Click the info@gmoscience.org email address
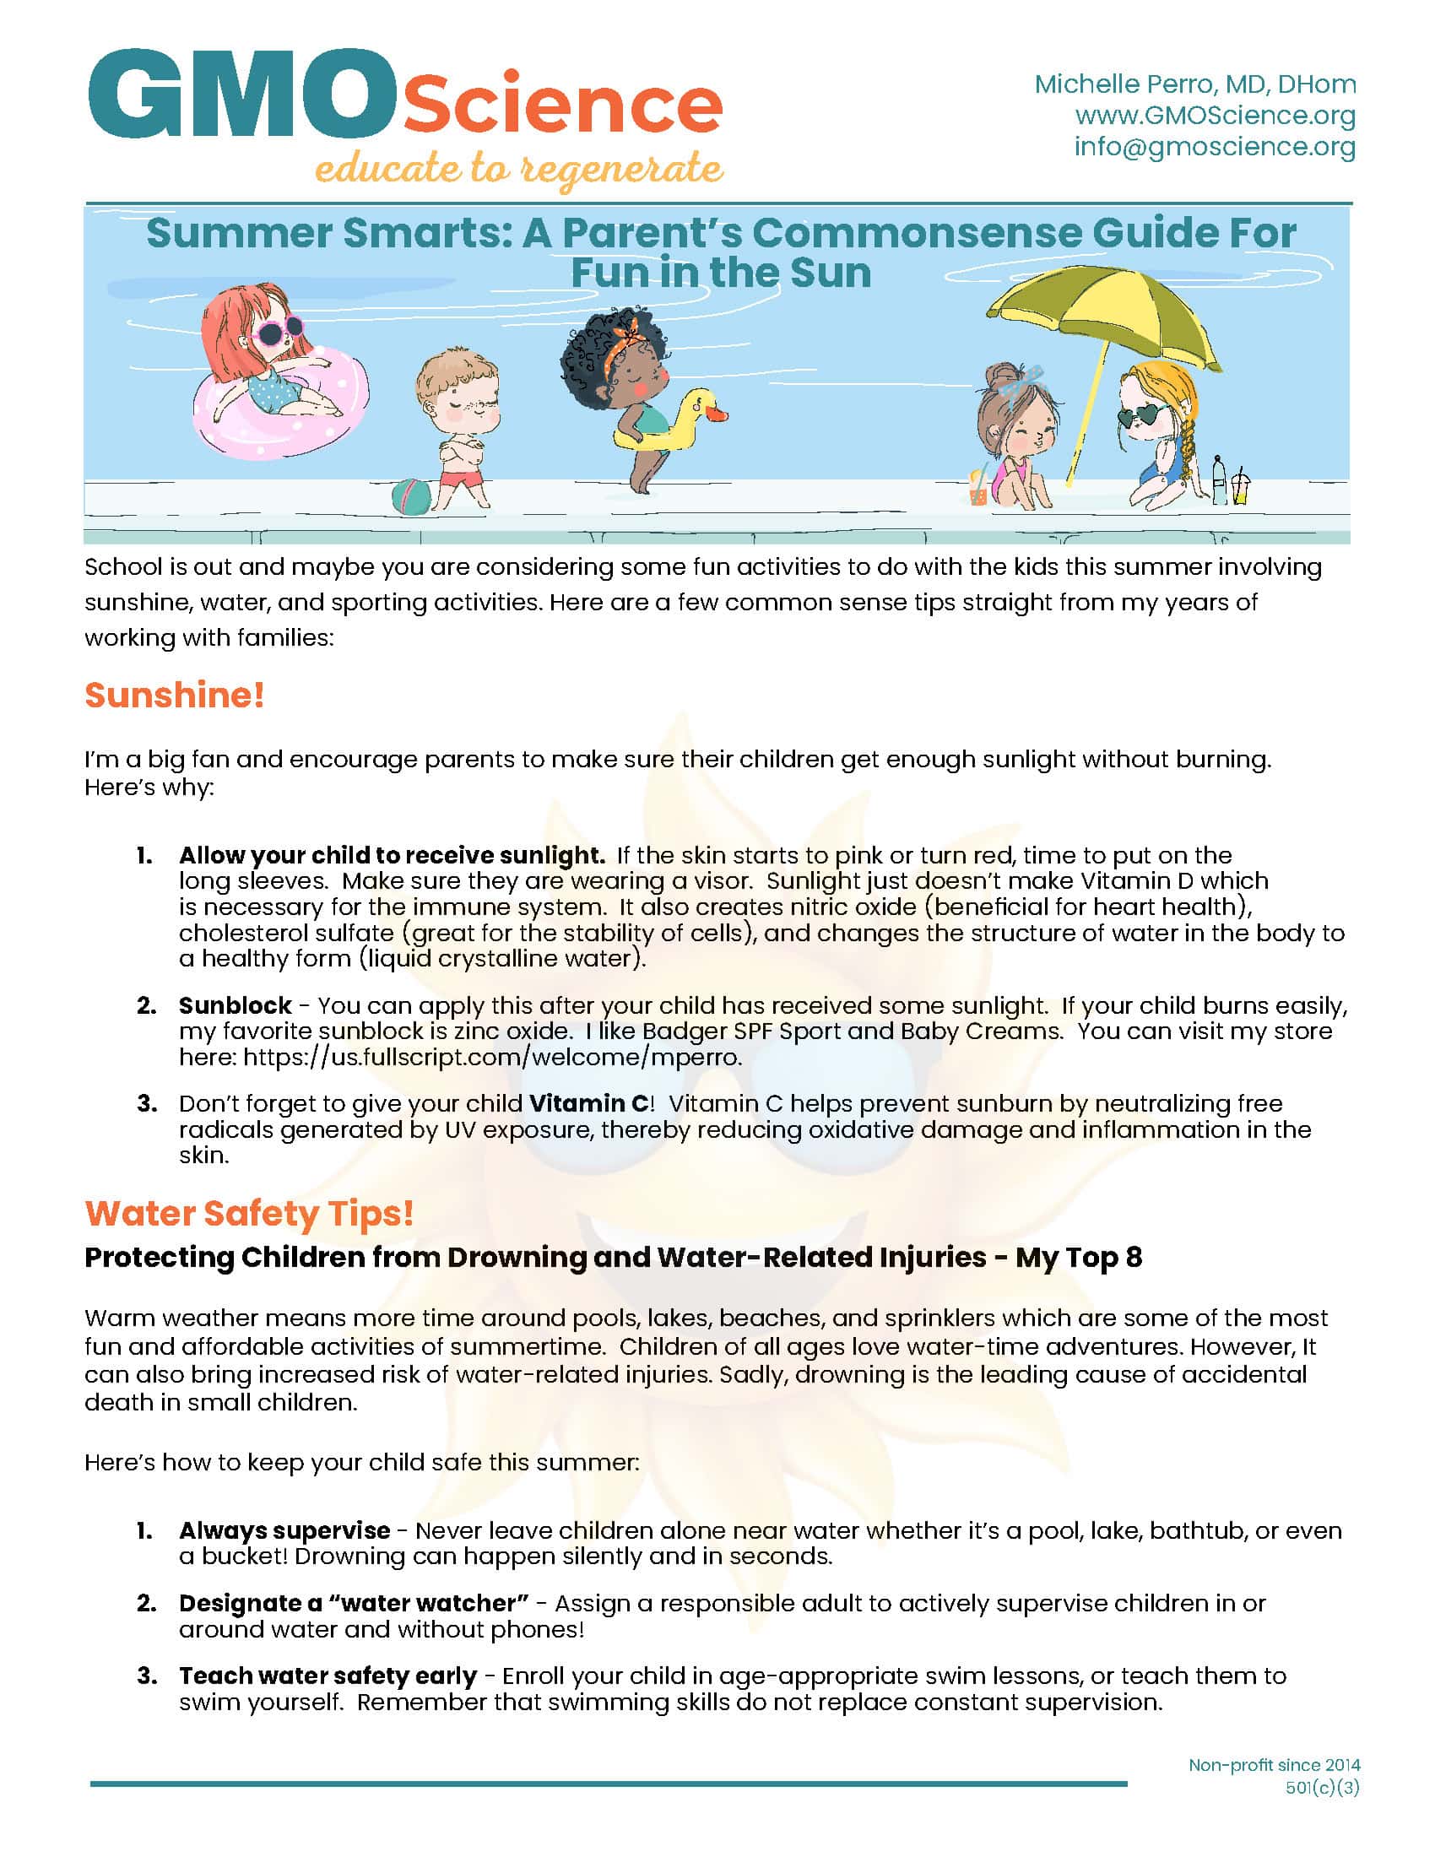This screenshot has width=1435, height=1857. (x=1214, y=147)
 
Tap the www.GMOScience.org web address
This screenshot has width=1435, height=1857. (x=1215, y=116)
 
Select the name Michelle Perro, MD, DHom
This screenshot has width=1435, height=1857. (x=1194, y=84)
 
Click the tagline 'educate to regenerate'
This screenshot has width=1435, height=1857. (x=518, y=168)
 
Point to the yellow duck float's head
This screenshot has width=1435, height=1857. (x=703, y=407)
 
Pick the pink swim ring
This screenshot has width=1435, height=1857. (x=280, y=409)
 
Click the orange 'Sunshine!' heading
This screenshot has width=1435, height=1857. (x=174, y=696)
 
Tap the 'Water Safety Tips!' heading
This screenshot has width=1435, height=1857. (x=249, y=1213)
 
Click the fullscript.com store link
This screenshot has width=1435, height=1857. (x=492, y=1058)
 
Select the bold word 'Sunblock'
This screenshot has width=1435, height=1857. (x=236, y=1006)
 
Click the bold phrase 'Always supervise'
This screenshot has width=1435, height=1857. (x=284, y=1530)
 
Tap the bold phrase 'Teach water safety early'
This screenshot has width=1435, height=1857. (x=328, y=1676)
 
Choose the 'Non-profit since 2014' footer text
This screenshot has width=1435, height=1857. (x=1274, y=1765)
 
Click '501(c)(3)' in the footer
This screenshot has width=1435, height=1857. (x=1322, y=1788)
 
